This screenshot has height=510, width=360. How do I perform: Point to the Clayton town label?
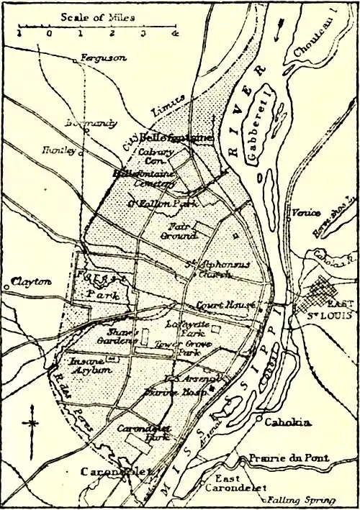point(32,282)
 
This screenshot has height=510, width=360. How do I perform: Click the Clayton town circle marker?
point(6,283)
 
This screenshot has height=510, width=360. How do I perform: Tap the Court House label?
point(227,305)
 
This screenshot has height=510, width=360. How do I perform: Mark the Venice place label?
point(302,212)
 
